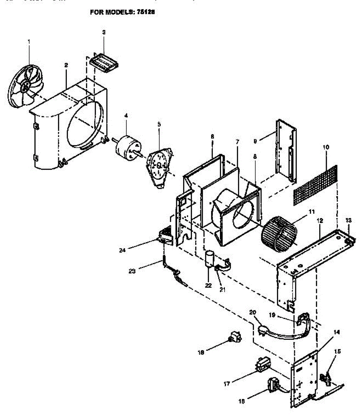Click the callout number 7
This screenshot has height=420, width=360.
point(237,142)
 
